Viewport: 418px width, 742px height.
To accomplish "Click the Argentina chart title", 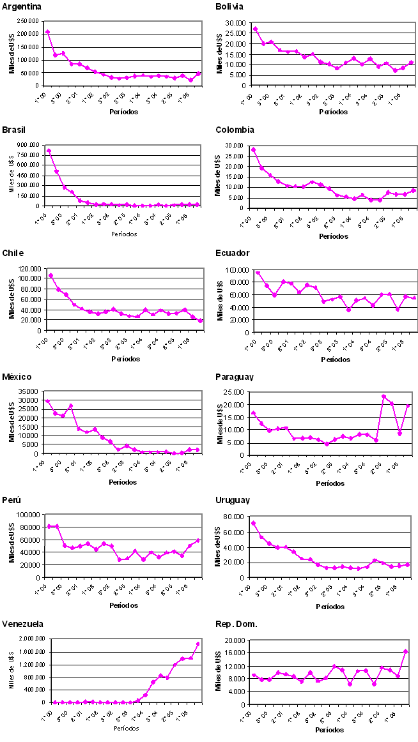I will pos(23,7).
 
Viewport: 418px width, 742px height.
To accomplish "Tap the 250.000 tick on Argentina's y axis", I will pos(31,22).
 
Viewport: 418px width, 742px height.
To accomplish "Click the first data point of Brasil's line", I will pos(49,151).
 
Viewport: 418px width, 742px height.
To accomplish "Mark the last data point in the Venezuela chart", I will pos(198,644).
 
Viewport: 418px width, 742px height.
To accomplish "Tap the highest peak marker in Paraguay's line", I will pos(384,397).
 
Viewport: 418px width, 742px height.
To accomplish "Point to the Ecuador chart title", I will pos(233,254).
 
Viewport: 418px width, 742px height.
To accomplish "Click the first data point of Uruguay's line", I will pos(253,524).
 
